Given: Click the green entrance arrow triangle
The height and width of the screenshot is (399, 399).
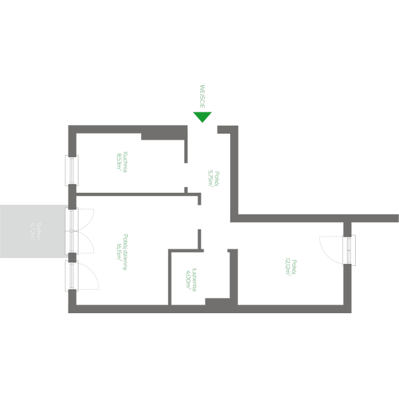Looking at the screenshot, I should (202, 117).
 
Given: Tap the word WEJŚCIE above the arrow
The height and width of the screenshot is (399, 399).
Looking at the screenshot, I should (202, 96).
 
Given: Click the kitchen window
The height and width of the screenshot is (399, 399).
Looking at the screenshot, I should (71, 170).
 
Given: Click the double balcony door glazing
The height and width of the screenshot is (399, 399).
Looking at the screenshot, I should (71, 230).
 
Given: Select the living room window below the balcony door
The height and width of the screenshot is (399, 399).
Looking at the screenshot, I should (71, 275).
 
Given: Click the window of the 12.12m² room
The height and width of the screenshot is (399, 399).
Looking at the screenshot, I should (348, 249).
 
